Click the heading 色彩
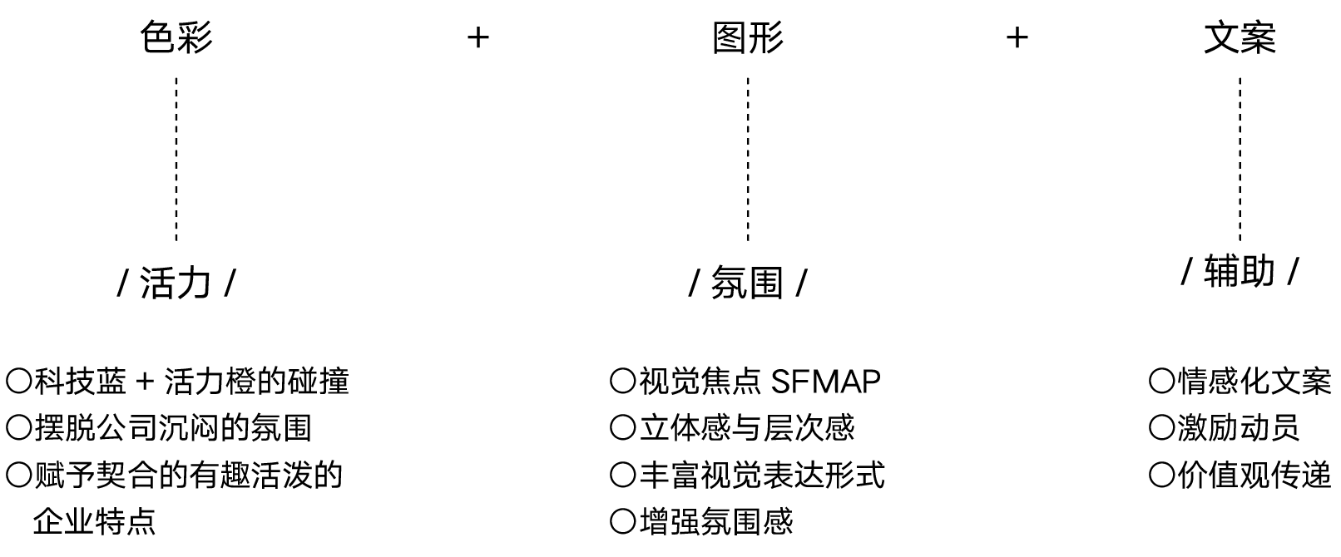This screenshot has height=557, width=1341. pos(176,38)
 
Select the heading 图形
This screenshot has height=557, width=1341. pos(748,38)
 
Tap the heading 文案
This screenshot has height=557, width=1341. pos(1240,38)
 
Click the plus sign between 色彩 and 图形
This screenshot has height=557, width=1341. pos(478,37)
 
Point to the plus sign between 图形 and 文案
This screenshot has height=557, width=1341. pos(1017,37)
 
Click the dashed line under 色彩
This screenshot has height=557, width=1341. pos(176,158)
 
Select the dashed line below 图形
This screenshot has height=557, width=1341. pos(748,158)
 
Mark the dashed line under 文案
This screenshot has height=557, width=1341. pos(1240,158)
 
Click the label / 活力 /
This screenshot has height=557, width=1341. pos(176,283)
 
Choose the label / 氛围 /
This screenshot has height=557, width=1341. pos(748,283)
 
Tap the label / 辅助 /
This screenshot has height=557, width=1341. pos(1240,272)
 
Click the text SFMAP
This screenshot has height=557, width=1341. pos(825,382)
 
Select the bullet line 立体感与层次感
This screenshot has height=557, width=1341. pos(746,428)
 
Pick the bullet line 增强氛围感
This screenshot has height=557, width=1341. pos(715,522)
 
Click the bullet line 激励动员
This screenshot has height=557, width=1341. pos(1238,428)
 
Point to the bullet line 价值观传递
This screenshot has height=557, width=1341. pos(1254,476)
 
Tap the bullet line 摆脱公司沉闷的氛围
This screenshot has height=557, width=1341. pos(172,428)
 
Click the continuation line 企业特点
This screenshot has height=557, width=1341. pos(94,522)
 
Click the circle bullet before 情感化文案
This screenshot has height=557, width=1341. pos(1160,382)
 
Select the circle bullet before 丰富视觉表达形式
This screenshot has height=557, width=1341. pos(622,476)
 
